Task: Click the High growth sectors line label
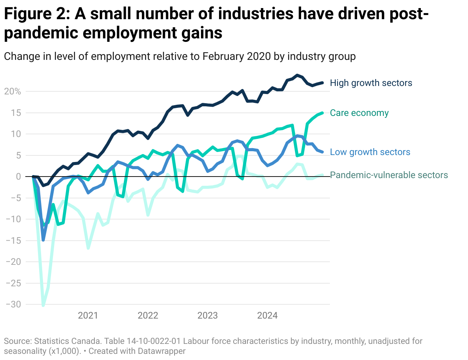coord(371,83)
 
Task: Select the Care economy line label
coord(359,113)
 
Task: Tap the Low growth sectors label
coord(370,152)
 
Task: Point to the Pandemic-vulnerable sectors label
coord(389,175)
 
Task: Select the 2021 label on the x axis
coord(88,316)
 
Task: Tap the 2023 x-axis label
coord(208,316)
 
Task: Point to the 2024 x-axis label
coord(267,316)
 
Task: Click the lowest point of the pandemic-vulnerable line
coord(43,306)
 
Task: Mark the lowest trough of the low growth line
coord(43,240)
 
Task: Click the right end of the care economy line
coord(322,113)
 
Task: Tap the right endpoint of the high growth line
coord(322,83)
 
